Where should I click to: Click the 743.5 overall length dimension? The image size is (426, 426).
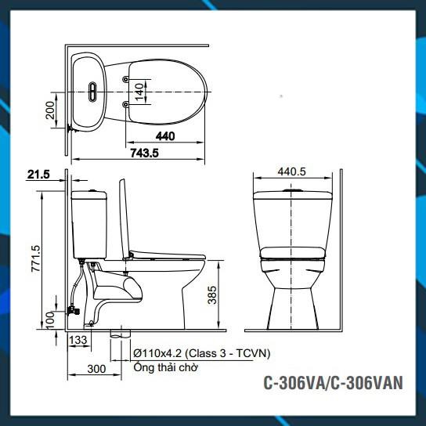144,153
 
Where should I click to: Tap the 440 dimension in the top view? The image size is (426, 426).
165,136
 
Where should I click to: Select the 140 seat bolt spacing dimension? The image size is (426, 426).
139,92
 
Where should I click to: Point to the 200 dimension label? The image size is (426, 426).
50,110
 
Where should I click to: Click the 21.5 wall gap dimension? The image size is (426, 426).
38,175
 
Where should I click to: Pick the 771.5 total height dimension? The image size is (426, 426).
35,258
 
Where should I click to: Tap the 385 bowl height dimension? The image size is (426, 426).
212,294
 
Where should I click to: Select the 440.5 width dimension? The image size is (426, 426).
292,171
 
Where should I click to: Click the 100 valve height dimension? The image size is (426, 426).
50,320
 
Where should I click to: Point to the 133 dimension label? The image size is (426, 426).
78,340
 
